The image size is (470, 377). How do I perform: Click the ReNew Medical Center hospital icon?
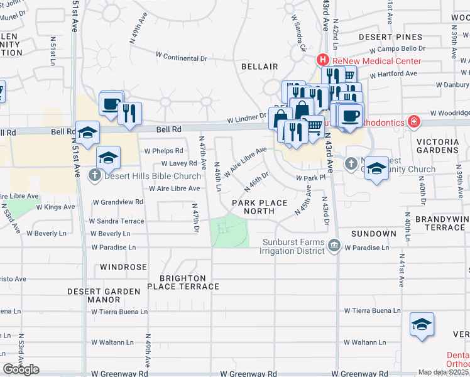coord(322,60)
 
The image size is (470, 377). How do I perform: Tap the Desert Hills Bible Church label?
coord(144,175)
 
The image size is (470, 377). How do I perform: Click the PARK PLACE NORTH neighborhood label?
coord(259,207)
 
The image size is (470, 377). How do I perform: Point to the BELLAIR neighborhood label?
coord(260,66)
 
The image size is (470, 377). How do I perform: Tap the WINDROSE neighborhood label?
coord(123,267)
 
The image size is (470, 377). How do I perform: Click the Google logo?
coord(21,369)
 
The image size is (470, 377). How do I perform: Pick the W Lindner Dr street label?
coord(247,117)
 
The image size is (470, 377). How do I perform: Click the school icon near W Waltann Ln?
coord(422,325)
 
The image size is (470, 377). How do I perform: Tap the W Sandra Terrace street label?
coord(116,221)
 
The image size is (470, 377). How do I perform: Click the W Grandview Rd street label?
coord(117,202)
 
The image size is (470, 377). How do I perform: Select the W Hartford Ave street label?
coord(393,74)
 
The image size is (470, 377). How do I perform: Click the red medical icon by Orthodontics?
coord(413,121)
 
